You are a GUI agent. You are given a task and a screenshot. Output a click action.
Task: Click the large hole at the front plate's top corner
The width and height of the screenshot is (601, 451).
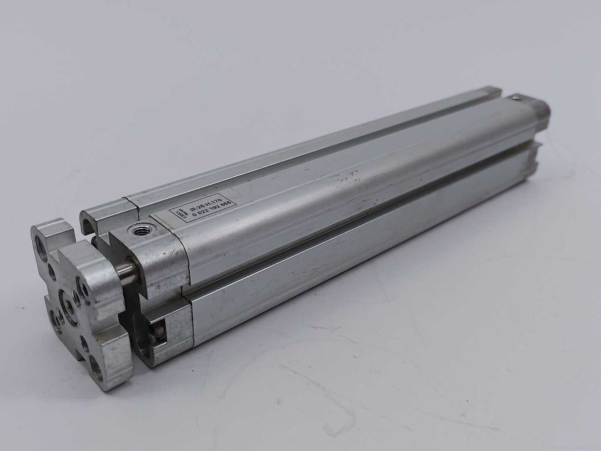pos(41,242)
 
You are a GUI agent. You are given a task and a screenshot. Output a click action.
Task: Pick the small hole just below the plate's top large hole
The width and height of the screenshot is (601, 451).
pos(52,271)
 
